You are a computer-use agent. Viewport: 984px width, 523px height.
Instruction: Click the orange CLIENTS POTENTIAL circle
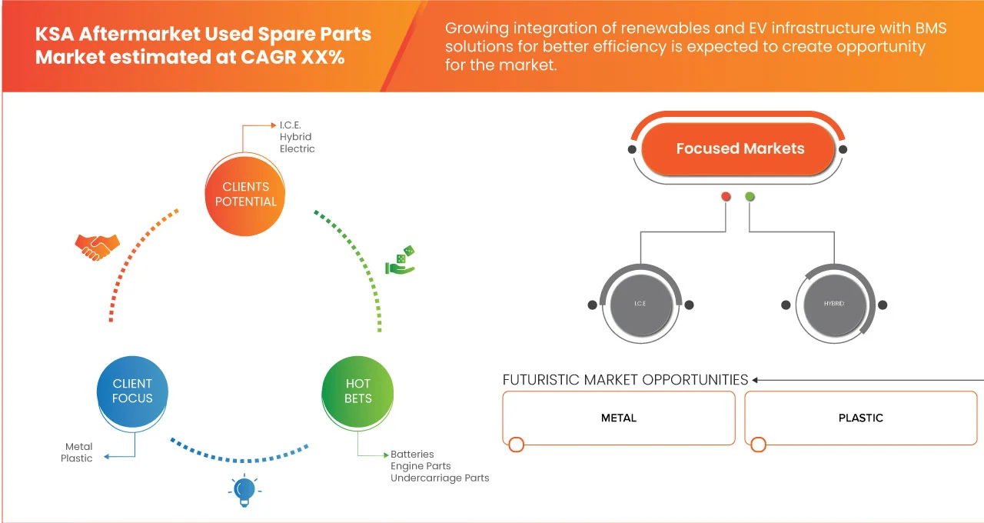click(245, 194)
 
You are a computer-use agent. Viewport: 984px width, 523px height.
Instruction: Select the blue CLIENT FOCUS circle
click(133, 391)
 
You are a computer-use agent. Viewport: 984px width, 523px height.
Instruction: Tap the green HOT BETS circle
click(357, 391)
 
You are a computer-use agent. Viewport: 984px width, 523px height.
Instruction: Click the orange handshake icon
click(97, 247)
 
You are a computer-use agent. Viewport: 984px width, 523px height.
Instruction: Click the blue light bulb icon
click(244, 491)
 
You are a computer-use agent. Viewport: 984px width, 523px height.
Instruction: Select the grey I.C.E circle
click(640, 305)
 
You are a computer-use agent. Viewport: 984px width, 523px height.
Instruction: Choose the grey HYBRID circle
click(834, 305)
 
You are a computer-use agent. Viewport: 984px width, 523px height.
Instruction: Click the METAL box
click(619, 418)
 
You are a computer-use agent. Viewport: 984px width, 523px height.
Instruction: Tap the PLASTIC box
click(860, 418)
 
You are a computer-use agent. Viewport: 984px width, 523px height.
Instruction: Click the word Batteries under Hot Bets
click(412, 455)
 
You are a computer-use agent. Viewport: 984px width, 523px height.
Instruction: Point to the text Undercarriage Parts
click(440, 478)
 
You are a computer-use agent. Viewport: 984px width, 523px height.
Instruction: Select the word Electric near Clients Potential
click(298, 148)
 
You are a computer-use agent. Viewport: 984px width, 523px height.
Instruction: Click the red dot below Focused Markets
click(726, 197)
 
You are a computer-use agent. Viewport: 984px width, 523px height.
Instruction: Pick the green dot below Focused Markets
click(750, 197)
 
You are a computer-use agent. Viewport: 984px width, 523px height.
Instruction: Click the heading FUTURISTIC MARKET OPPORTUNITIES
click(625, 380)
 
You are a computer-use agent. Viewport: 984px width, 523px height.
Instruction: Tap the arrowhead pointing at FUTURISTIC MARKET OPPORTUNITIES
click(756, 380)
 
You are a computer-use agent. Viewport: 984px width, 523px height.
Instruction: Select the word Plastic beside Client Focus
click(77, 458)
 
